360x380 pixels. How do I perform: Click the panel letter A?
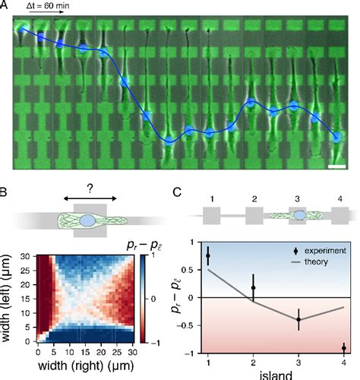[6, 6]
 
